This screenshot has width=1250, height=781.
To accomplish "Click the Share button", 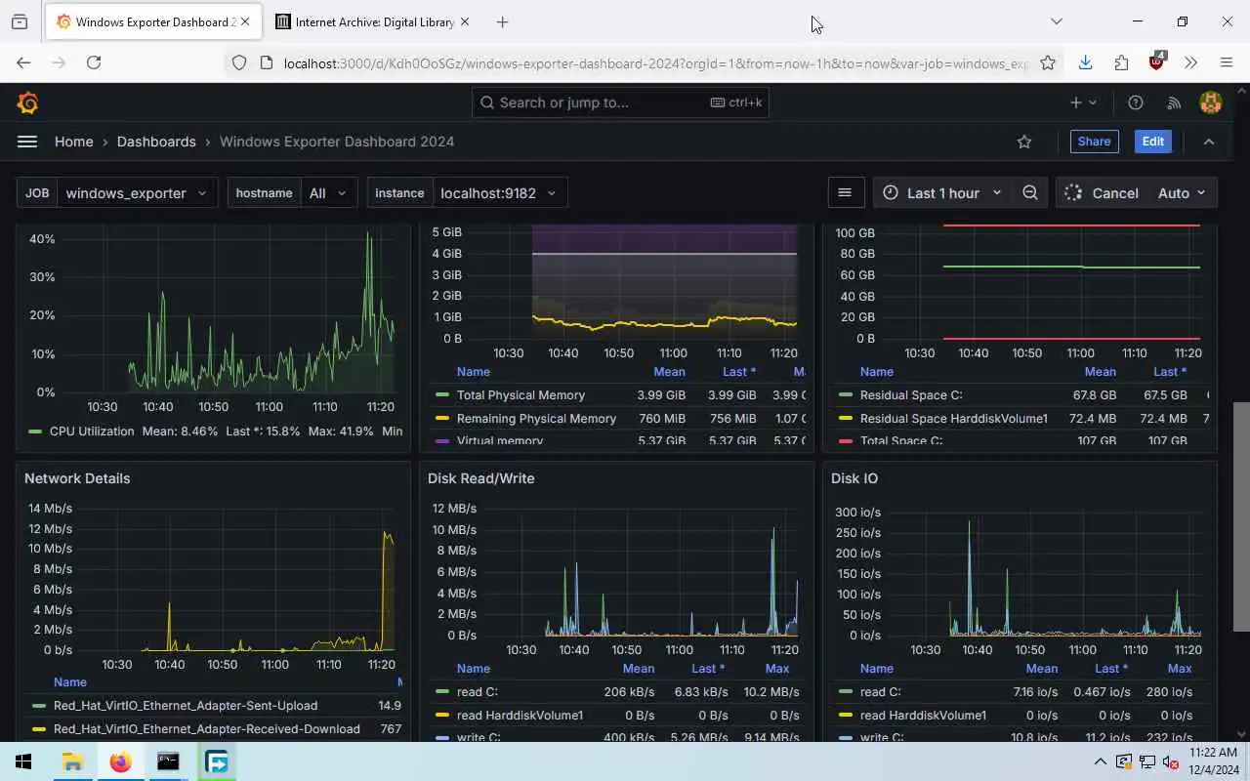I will (x=1094, y=142).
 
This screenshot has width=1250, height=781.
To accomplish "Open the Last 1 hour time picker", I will (x=941, y=193).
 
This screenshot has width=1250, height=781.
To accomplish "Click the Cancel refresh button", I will (x=1103, y=193).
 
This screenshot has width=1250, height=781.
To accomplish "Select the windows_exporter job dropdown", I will (x=136, y=193).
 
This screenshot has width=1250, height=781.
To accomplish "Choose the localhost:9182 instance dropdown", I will (x=497, y=193).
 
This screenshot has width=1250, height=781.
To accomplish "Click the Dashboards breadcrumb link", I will (x=156, y=142).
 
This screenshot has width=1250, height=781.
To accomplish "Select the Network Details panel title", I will (x=77, y=478).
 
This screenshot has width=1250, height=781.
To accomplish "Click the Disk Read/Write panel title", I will (x=480, y=478).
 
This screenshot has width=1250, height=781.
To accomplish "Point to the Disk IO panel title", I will (x=854, y=478).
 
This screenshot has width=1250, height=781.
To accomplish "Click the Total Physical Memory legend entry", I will (x=521, y=395).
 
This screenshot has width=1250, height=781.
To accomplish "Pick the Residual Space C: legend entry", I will (x=910, y=395).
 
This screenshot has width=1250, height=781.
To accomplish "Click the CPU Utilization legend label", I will (x=92, y=432).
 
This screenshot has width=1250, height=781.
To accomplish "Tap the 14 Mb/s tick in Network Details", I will (x=51, y=509).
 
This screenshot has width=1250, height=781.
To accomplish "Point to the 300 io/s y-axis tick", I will (x=857, y=513).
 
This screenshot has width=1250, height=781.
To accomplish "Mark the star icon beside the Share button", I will (x=1024, y=142).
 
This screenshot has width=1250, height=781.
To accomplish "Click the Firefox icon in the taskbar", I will (x=120, y=761).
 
